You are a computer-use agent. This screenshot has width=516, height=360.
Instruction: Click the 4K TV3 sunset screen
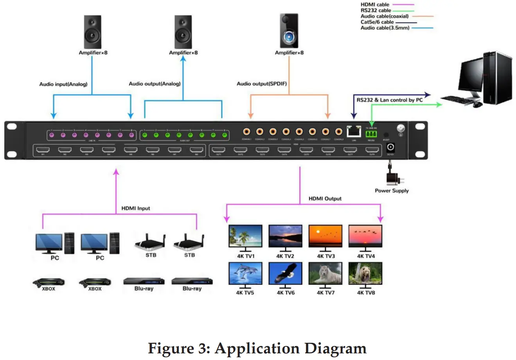coord(325,236)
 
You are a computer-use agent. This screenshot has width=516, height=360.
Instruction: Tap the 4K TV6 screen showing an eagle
coord(285,273)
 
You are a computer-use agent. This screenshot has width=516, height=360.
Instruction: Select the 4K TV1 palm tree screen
coord(245,236)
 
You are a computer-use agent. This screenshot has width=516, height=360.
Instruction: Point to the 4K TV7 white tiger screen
coord(325,273)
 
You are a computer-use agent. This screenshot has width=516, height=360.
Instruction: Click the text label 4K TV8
coord(366,292)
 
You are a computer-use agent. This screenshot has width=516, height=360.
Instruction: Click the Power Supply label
coord(392,191)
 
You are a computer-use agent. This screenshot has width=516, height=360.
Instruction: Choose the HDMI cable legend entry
coord(375,5)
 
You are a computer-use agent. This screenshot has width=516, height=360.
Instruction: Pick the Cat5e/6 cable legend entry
coord(377,22)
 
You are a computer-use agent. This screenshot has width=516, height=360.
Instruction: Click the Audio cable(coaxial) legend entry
coord(384,16)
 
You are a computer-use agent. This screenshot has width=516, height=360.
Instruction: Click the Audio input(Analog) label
coord(63,84)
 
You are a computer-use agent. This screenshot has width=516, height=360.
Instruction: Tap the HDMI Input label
coord(136,208)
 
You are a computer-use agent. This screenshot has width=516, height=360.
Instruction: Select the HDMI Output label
coord(325,198)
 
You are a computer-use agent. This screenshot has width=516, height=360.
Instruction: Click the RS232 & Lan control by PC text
coord(389,100)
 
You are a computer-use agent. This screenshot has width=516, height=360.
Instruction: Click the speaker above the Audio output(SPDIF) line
coord(289,31)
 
